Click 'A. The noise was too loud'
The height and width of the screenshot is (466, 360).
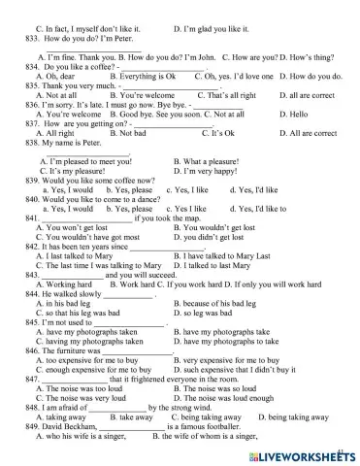tap(83, 388)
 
